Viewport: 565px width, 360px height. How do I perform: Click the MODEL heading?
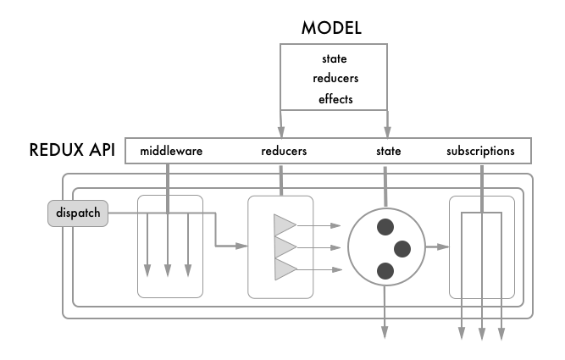pyautogui.click(x=331, y=28)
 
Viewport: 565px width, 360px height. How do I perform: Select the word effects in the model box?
pyautogui.click(x=335, y=100)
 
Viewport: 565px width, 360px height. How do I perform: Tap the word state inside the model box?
pyautogui.click(x=335, y=59)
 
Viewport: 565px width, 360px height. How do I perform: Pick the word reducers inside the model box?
pyautogui.click(x=335, y=80)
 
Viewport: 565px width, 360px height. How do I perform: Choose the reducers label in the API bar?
pyautogui.click(x=283, y=152)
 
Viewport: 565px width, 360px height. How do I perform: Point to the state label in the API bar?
pyautogui.click(x=388, y=152)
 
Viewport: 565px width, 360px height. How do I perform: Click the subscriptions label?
pyautogui.click(x=480, y=152)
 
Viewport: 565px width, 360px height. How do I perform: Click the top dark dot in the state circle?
pyautogui.click(x=386, y=226)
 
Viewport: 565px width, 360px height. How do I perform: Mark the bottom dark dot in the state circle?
pyautogui.click(x=386, y=270)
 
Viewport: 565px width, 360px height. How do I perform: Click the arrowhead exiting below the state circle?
pyautogui.click(x=386, y=332)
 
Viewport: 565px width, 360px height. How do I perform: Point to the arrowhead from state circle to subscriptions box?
pyautogui.click(x=444, y=247)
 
